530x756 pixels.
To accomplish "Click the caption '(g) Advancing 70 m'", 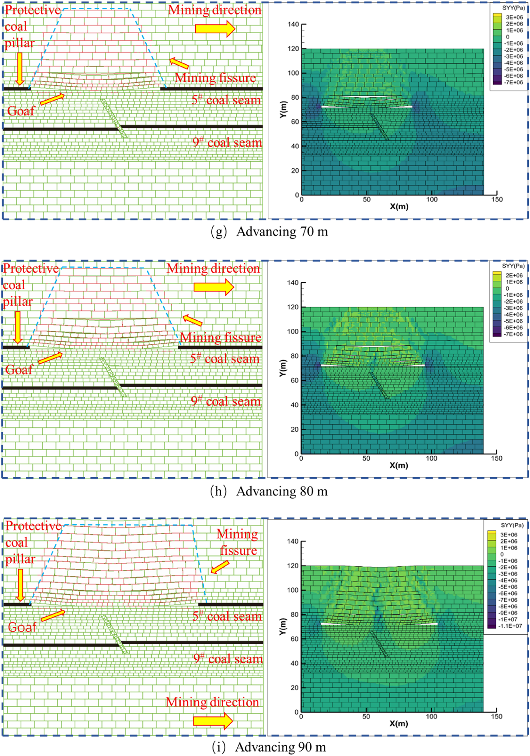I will coord(269,232).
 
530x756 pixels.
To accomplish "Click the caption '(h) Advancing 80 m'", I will coord(269,491).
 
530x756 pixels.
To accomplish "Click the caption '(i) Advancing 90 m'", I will coord(269,747).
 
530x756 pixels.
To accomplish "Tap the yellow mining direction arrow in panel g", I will coord(215,29).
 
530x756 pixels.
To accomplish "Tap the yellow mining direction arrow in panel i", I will coord(213,721).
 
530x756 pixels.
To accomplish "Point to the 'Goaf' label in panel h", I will coord(19,370).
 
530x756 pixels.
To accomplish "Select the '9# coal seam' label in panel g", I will coord(227,142).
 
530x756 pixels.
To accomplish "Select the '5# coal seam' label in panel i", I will coord(227,616).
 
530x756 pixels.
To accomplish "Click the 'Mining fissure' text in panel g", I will coord(215,78).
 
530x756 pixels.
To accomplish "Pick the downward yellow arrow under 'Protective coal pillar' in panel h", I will coord(18,327).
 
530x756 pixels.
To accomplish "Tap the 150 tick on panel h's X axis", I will coord(496,458).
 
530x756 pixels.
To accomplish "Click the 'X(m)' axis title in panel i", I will coord(399,724).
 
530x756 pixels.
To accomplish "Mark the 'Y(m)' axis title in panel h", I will coord(284,367).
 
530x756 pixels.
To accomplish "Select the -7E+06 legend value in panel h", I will coord(514,334).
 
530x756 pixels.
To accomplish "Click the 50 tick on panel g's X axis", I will coord(366,199).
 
